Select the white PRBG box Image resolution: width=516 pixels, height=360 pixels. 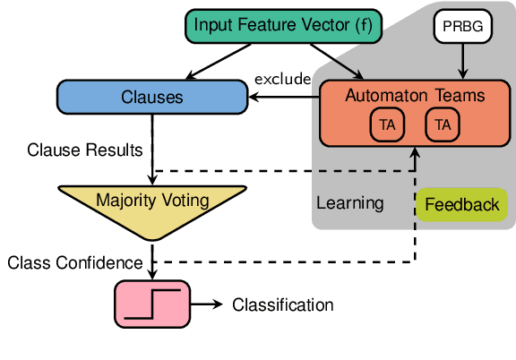pyautogui.click(x=462, y=27)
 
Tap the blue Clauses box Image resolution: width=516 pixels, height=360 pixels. pyautogui.click(x=152, y=97)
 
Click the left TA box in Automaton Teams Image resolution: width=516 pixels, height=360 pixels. pyautogui.click(x=387, y=126)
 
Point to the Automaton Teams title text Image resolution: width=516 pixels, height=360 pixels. pyautogui.click(x=414, y=94)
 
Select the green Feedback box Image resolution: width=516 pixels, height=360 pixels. pyautogui.click(x=461, y=205)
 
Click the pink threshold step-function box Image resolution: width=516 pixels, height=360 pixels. pyautogui.click(x=153, y=304)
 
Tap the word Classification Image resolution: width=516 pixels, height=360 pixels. pyautogui.click(x=282, y=305)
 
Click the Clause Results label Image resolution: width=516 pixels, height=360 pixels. pyautogui.click(x=79, y=150)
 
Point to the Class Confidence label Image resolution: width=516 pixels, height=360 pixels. pyautogui.click(x=74, y=262)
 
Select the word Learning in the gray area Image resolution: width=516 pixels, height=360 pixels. pyautogui.click(x=350, y=203)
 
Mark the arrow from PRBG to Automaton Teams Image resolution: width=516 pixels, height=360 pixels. pyautogui.click(x=462, y=60)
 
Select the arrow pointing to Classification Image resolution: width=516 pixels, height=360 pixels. pyautogui.click(x=207, y=305)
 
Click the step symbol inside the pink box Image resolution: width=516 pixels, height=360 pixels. pyautogui.click(x=153, y=305)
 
